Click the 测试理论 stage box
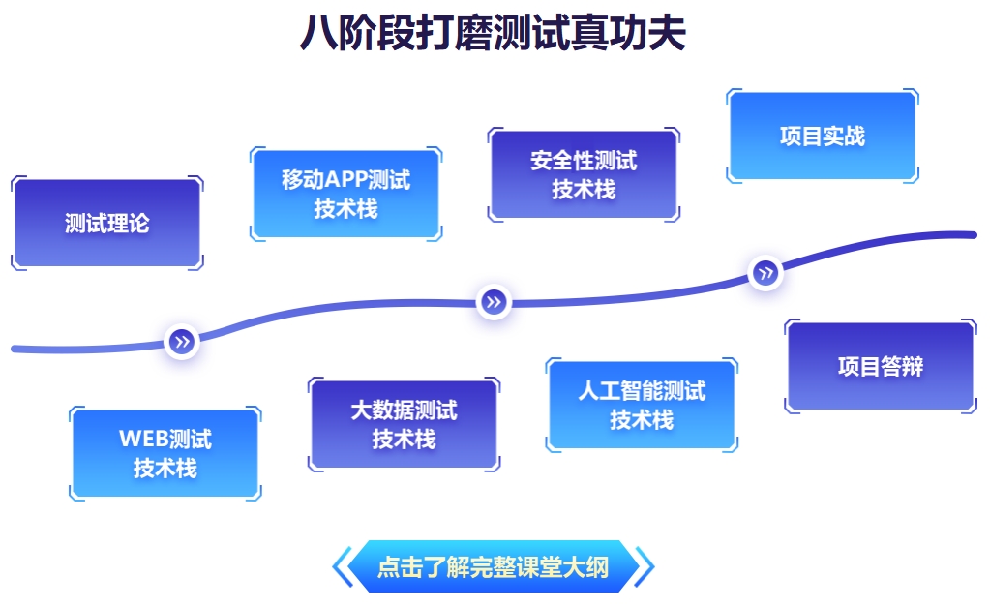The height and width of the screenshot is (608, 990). pyautogui.click(x=106, y=224)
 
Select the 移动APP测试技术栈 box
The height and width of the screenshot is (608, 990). pyautogui.click(x=345, y=194)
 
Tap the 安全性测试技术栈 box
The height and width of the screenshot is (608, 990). pyautogui.click(x=584, y=174)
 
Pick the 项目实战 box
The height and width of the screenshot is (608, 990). pyautogui.click(x=822, y=137)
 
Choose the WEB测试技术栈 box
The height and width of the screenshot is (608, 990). pyautogui.click(x=165, y=453)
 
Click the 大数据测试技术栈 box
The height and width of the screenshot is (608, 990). pyautogui.click(x=404, y=424)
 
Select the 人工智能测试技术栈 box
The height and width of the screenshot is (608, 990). pyautogui.click(x=642, y=405)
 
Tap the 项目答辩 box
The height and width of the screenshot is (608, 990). pyautogui.click(x=880, y=366)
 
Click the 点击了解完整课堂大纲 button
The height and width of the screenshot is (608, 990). pyautogui.click(x=494, y=566)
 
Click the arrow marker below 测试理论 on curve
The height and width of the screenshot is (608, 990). pyautogui.click(x=182, y=341)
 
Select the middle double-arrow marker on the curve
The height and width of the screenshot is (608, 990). pyautogui.click(x=494, y=302)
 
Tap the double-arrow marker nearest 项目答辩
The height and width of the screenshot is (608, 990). pyautogui.click(x=765, y=273)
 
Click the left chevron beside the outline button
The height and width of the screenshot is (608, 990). pyautogui.click(x=341, y=566)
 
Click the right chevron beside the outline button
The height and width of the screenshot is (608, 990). pyautogui.click(x=645, y=566)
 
